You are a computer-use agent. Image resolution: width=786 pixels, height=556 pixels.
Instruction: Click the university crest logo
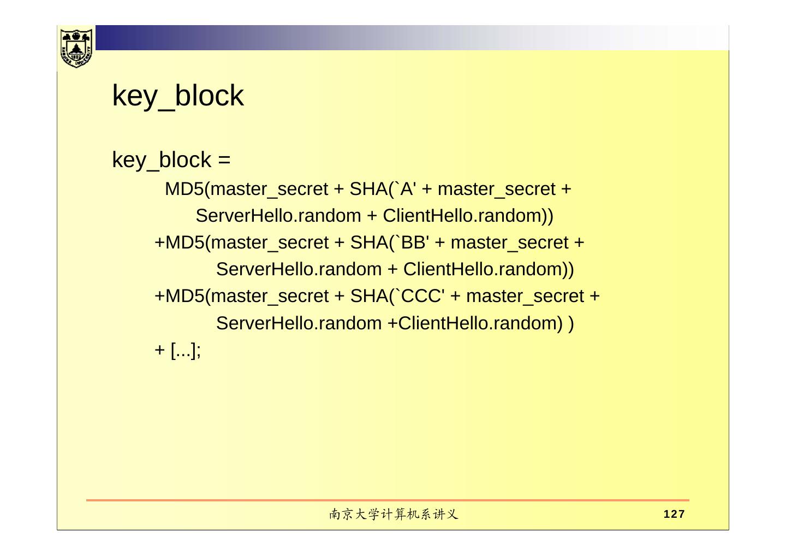[76, 48]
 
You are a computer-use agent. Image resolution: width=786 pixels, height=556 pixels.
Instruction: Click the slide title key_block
[177, 96]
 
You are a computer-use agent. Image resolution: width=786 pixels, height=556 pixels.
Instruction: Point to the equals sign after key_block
[224, 160]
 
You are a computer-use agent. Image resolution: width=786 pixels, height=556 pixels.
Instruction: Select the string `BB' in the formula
[413, 242]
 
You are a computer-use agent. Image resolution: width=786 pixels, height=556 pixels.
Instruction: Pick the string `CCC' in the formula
[421, 296]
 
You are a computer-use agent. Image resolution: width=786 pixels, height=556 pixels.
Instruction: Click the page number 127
[674, 514]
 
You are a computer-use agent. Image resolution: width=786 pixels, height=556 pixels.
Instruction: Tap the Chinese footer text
[393, 514]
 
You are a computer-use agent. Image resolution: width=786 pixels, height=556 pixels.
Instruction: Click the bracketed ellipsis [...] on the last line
[183, 350]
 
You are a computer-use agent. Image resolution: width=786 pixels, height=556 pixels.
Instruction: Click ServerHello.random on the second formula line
[278, 216]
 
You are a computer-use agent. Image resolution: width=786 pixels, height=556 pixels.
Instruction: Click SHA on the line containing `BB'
[369, 242]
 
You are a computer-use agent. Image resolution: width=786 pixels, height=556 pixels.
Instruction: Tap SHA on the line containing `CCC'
[369, 296]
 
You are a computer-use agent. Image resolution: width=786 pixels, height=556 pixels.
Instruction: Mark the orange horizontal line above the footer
[388, 500]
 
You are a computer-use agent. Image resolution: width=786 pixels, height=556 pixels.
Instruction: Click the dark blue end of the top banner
[109, 38]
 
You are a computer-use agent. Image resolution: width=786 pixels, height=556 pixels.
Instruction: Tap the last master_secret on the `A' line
[497, 189]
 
